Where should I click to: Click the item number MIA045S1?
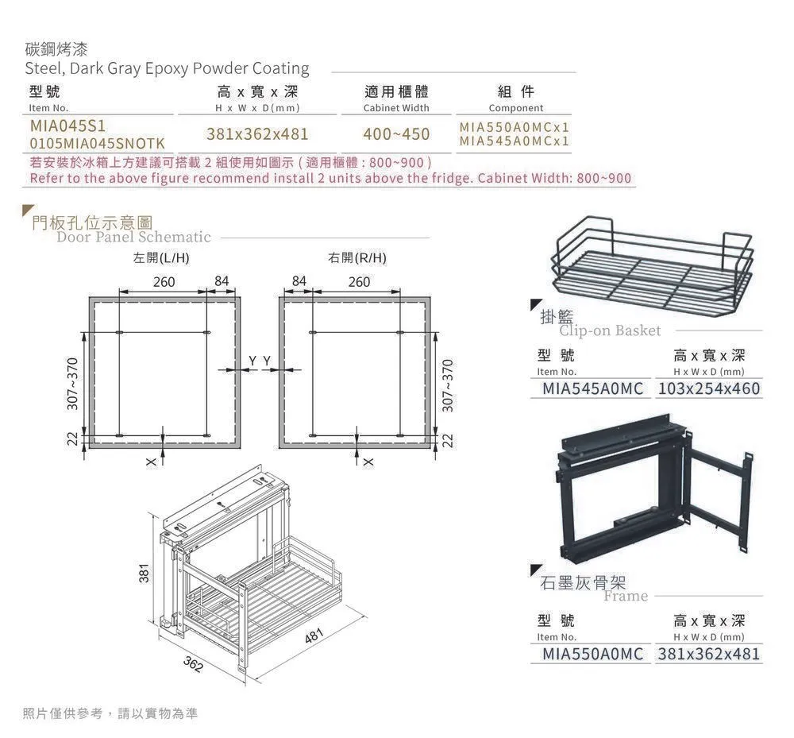(x=67, y=126)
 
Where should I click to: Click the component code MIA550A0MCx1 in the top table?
(x=515, y=127)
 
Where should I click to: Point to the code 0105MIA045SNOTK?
(x=97, y=144)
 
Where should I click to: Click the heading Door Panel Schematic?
(x=133, y=237)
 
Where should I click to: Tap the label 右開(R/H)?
(x=357, y=259)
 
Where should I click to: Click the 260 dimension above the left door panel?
(x=164, y=282)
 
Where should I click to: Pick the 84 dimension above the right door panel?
(x=299, y=282)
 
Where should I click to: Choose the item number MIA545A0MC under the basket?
(x=592, y=389)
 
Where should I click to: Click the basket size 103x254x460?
(x=709, y=389)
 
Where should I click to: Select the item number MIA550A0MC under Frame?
(x=592, y=655)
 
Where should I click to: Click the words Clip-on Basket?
(x=610, y=330)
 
